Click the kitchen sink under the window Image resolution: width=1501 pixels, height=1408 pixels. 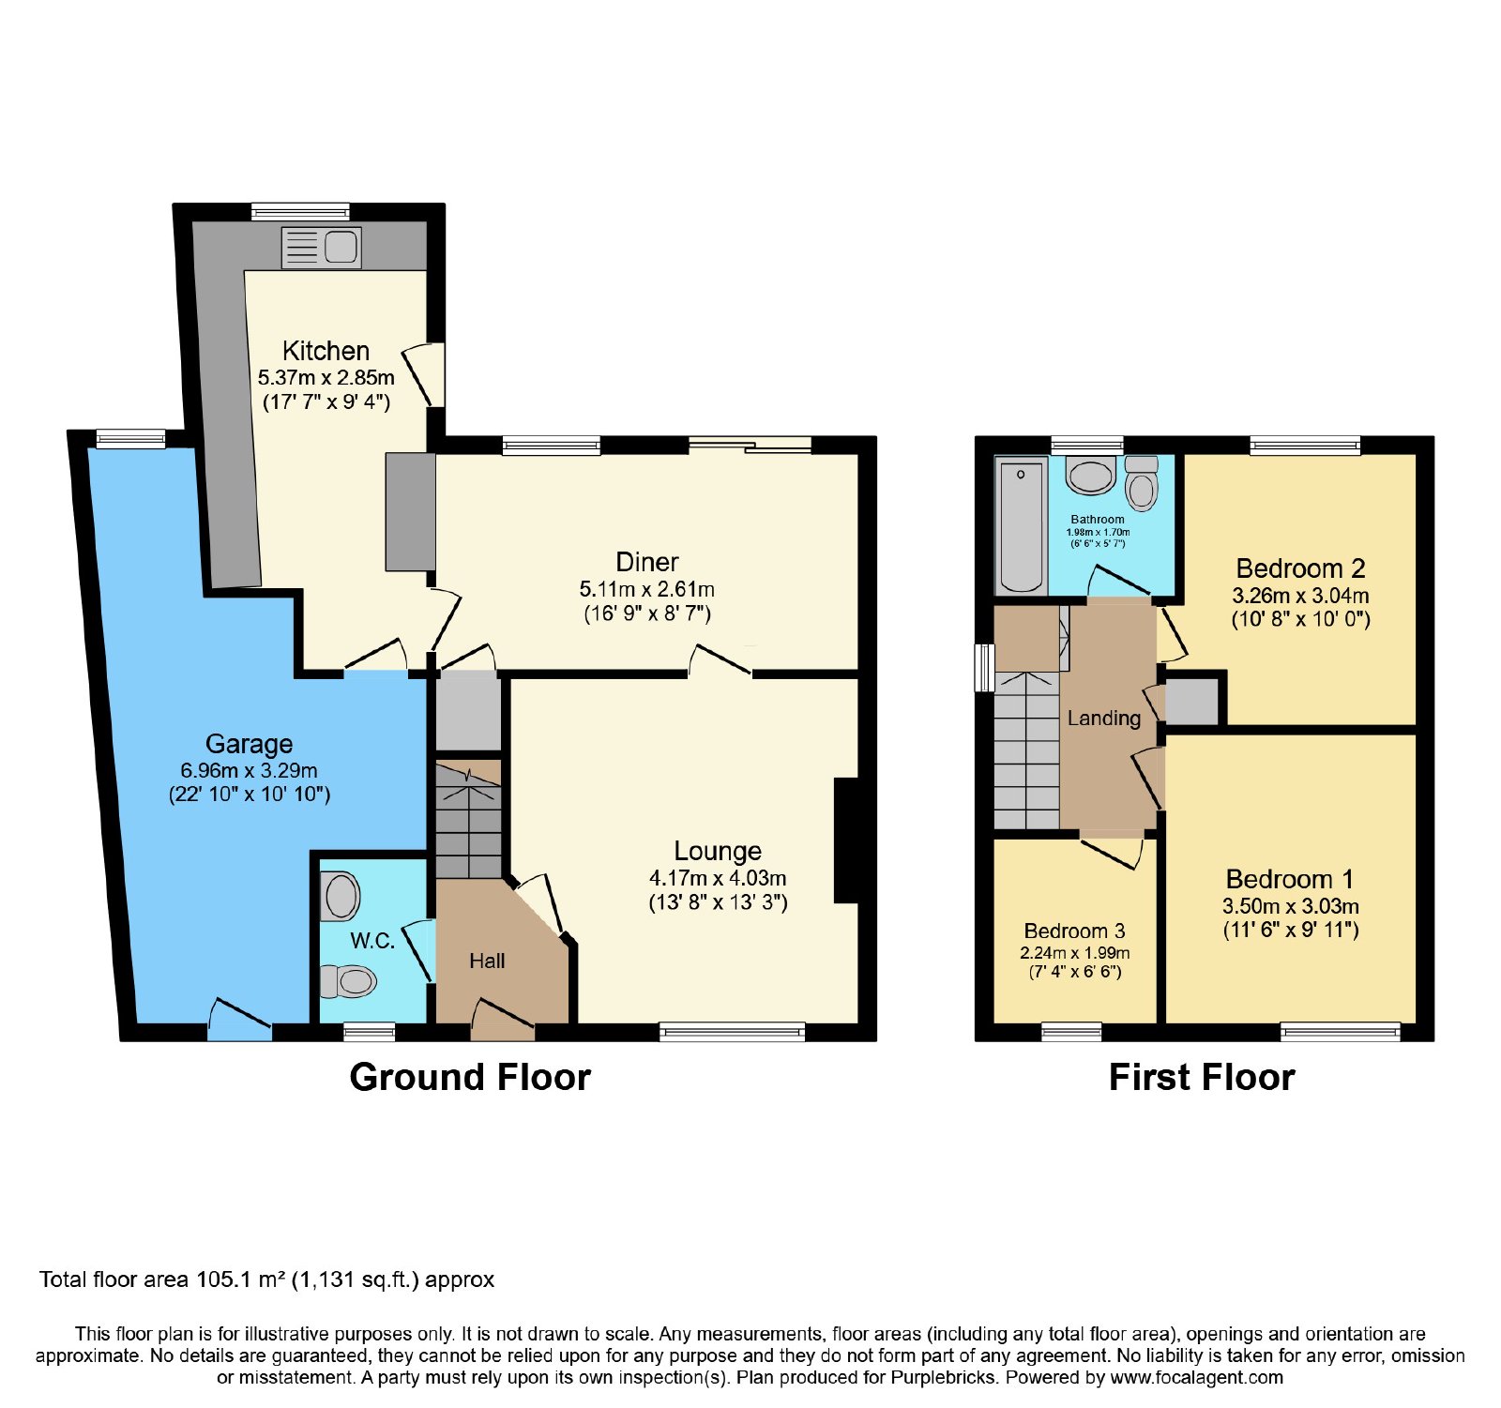pyautogui.click(x=321, y=248)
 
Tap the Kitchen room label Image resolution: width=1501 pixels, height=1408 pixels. pyautogui.click(x=326, y=351)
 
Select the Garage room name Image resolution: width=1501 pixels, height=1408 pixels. pyautogui.click(x=249, y=744)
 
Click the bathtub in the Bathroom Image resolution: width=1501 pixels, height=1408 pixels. pyautogui.click(x=1021, y=525)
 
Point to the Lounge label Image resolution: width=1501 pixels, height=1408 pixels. pyautogui.click(x=718, y=851)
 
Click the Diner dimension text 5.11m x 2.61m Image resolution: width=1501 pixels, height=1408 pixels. pyautogui.click(x=647, y=589)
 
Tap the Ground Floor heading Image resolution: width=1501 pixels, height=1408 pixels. pyautogui.click(x=470, y=1077)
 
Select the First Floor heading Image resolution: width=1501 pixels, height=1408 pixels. pyautogui.click(x=1202, y=1077)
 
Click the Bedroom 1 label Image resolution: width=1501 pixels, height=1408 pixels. pyautogui.click(x=1290, y=879)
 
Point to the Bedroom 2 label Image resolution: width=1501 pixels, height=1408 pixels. pyautogui.click(x=1300, y=568)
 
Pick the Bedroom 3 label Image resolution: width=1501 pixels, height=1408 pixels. pyautogui.click(x=1074, y=931)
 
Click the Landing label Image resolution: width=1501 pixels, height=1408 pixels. pyautogui.click(x=1104, y=719)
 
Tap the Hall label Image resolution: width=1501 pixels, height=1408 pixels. pyautogui.click(x=487, y=961)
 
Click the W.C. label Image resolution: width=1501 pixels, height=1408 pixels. pyautogui.click(x=372, y=941)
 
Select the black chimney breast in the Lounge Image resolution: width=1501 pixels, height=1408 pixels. pyautogui.click(x=846, y=840)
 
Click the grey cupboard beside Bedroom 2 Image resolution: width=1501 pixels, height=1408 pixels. pyautogui.click(x=1191, y=701)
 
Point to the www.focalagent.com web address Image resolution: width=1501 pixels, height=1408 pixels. pyautogui.click(x=1196, y=1378)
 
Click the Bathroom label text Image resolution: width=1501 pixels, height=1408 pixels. pyautogui.click(x=1098, y=519)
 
